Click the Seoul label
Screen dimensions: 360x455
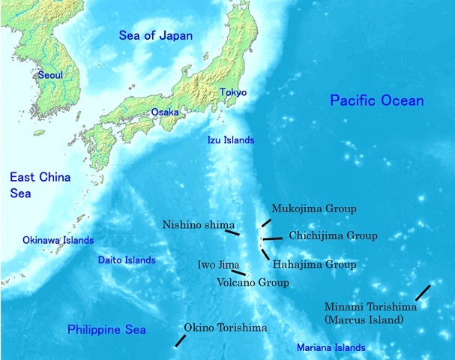click(50, 75)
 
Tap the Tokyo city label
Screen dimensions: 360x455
click(232, 92)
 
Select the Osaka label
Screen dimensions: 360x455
click(165, 112)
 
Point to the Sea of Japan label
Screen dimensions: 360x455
click(156, 35)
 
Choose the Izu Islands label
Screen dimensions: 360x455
click(231, 140)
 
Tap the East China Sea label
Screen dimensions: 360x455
click(40, 184)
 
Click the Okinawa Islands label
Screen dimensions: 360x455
click(58, 241)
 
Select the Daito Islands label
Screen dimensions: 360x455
click(127, 260)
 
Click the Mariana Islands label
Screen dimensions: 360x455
click(331, 348)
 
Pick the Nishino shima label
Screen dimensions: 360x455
click(199, 225)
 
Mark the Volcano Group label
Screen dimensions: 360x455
click(253, 283)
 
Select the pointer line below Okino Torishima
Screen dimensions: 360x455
click(180, 340)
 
